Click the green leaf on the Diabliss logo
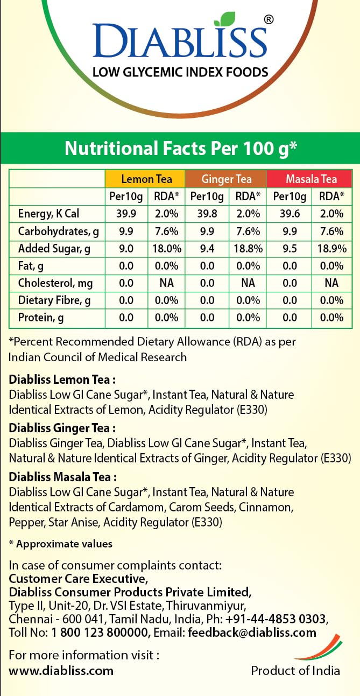tap(225, 20)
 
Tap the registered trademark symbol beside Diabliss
tap(269, 19)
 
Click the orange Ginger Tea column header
tap(226, 179)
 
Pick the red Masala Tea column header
tap(311, 179)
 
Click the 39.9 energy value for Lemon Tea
tap(126, 214)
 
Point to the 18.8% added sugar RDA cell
tap(248, 249)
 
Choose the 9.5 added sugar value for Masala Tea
tap(290, 249)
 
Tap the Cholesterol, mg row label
tap(55, 283)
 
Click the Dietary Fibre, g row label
tap(54, 300)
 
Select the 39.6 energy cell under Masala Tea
tap(290, 214)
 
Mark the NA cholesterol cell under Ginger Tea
tap(248, 283)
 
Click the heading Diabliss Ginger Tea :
tap(62, 428)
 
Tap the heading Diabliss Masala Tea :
tap(63, 477)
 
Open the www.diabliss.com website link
tap(61, 671)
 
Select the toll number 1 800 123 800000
tap(102, 632)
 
